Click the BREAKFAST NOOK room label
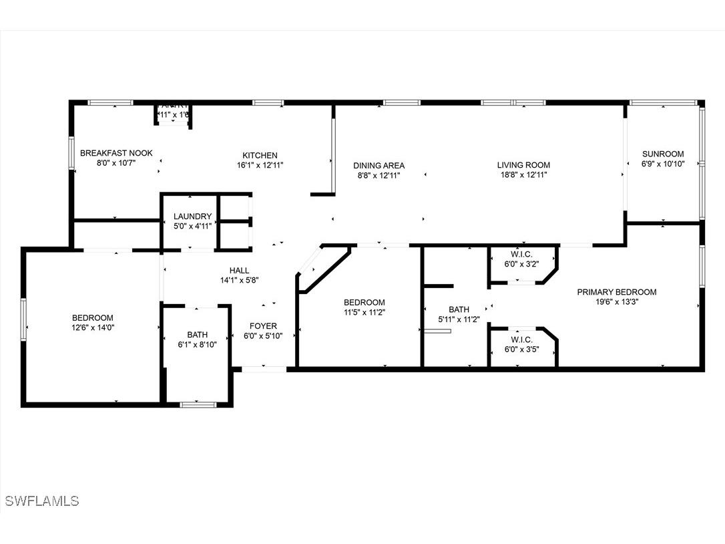coord(116,153)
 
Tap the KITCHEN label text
coord(260,155)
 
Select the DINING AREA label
coord(379,165)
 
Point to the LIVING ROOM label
coord(523,165)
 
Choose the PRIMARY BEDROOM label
coord(616,291)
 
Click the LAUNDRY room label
coord(192,217)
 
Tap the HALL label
coord(239,270)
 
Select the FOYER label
coord(263,326)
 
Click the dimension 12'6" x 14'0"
coord(92,328)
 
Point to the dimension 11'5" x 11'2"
coord(364,311)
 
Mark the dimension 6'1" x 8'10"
coord(197,345)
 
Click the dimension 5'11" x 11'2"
coord(459,319)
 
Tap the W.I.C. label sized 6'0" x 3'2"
coord(521,253)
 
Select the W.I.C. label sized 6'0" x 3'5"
coord(521,339)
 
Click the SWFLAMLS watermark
coord(41,501)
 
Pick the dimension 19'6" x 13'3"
coord(616,301)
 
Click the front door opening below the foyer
coord(264,368)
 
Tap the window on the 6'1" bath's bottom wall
coord(198,404)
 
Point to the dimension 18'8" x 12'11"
coord(523,175)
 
